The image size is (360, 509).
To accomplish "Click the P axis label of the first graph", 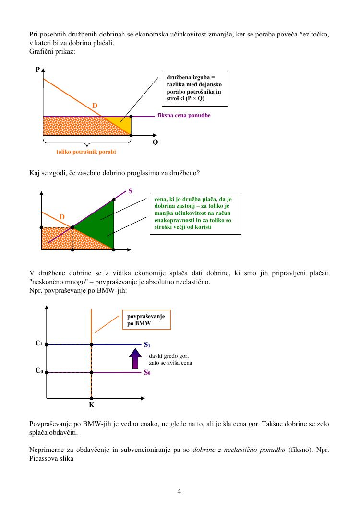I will [37, 70].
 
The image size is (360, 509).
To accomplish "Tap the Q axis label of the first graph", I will [155, 142].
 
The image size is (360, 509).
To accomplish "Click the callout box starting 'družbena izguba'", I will [194, 88].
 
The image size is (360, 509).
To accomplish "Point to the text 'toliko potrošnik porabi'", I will [86, 151].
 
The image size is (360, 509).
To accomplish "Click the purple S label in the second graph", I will [130, 191].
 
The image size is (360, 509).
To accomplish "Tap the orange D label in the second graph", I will [62, 217].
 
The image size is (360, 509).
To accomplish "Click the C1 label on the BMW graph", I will [39, 343].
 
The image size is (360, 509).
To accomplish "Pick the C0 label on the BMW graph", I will [39, 371].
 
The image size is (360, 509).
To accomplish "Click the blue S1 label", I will [147, 345].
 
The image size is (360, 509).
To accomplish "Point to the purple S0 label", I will [147, 373].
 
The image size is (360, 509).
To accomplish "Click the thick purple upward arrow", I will [135, 359].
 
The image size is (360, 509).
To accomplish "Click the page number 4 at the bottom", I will [179, 491].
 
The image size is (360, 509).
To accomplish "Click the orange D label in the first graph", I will [95, 105].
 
